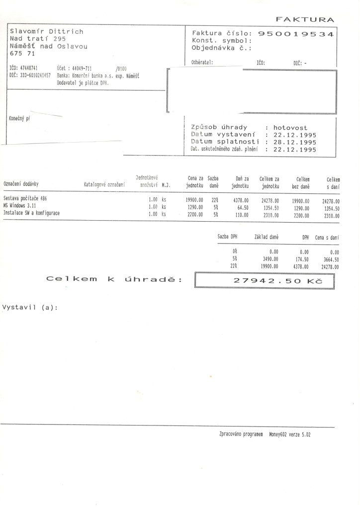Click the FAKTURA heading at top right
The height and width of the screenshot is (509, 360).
304,19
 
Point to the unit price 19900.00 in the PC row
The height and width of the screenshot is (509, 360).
194,201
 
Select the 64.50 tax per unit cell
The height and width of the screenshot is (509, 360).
242,208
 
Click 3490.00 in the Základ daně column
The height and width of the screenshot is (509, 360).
270,259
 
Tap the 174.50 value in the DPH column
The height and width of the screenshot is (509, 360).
302,259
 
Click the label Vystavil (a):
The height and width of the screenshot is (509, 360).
30,307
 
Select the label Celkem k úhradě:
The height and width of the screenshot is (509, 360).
113,280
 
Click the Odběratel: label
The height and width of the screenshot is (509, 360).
202,63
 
